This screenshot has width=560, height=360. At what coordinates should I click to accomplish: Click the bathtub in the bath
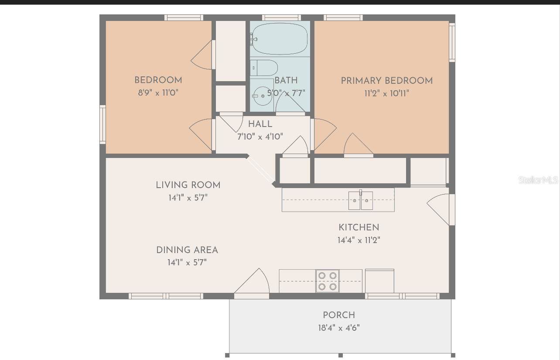pyautogui.click(x=280, y=39)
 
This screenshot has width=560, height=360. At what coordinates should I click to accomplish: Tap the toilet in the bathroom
pyautogui.click(x=264, y=68)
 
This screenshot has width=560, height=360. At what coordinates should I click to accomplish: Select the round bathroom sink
pyautogui.click(x=263, y=96)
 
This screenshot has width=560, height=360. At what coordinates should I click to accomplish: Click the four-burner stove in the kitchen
pyautogui.click(x=327, y=281)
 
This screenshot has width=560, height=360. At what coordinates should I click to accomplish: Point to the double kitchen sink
pyautogui.click(x=361, y=201)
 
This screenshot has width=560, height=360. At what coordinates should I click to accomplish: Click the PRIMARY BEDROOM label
pyautogui.click(x=387, y=81)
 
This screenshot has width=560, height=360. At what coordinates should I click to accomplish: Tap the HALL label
pyautogui.click(x=260, y=124)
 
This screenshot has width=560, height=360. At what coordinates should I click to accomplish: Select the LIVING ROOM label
pyautogui.click(x=188, y=185)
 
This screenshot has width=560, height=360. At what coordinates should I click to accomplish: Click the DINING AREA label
pyautogui.click(x=187, y=250)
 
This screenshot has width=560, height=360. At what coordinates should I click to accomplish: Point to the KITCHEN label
pyautogui.click(x=359, y=228)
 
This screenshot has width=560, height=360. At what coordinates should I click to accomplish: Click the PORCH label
pyautogui.click(x=339, y=315)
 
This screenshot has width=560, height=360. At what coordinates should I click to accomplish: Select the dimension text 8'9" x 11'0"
pyautogui.click(x=158, y=93)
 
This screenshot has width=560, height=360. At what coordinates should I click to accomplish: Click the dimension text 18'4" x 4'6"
pyautogui.click(x=339, y=328)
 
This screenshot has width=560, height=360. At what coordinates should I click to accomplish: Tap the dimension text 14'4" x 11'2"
pyautogui.click(x=359, y=240)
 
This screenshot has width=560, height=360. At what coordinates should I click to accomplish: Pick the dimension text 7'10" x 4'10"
pyautogui.click(x=260, y=137)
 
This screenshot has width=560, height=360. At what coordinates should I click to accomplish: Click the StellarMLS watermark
pyautogui.click(x=538, y=180)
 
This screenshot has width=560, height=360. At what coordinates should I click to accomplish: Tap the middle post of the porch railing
pyautogui.click(x=341, y=355)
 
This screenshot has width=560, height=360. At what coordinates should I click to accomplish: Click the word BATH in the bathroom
pyautogui.click(x=286, y=81)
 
